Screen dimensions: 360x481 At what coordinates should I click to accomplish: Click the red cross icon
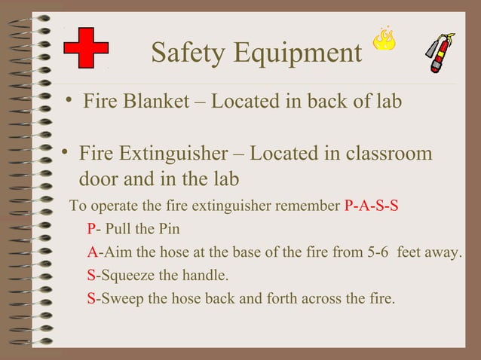pos(86,51)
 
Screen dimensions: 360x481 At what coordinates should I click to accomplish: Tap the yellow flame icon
pos(384,40)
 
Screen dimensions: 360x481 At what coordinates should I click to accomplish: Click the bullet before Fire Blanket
pos(69,101)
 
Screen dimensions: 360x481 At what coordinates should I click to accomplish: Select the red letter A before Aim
pos(92,252)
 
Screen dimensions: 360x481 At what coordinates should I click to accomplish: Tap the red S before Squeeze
pos(91,275)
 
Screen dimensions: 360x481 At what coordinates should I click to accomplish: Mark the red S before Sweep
pos(91,298)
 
